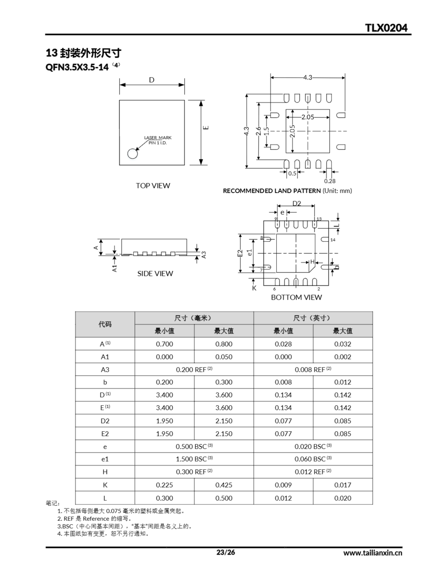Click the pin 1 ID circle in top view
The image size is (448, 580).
[x=132, y=154]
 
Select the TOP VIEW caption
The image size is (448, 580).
[x=153, y=186]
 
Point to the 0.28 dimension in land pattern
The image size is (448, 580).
[x=330, y=181]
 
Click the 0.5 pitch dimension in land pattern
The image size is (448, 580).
[x=292, y=173]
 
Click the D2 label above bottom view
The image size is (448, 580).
[x=297, y=203]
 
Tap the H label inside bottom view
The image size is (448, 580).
[x=312, y=262]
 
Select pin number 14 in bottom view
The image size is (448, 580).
[x=333, y=240]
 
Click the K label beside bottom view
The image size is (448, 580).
[x=254, y=288]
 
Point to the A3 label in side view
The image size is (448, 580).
[x=204, y=255]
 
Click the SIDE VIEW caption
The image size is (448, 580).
[x=155, y=273]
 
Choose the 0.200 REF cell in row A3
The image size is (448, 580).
[x=194, y=370]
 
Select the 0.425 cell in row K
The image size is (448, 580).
[x=224, y=485]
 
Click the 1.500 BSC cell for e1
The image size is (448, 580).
[x=194, y=459]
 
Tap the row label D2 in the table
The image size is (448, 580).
[x=105, y=421]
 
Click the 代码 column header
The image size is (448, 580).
[x=105, y=324]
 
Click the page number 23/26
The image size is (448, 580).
[x=226, y=552]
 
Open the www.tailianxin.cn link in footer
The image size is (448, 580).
[x=373, y=553]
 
